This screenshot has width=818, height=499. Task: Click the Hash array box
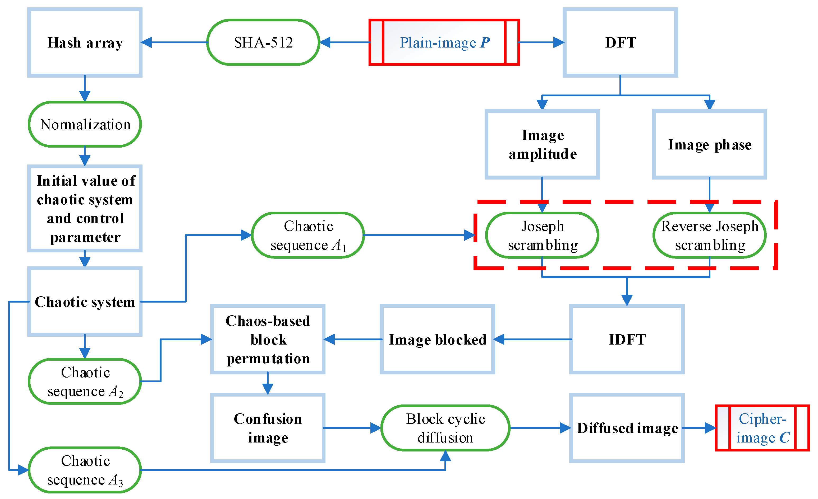pyautogui.click(x=85, y=43)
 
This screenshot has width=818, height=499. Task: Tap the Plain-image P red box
pyautogui.click(x=444, y=43)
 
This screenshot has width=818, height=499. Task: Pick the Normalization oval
pyautogui.click(x=85, y=124)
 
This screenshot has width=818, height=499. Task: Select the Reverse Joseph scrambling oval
pyautogui.click(x=709, y=235)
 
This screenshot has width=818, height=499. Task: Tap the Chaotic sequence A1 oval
pyautogui.click(x=308, y=235)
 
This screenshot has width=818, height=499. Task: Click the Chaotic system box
pyautogui.click(x=85, y=302)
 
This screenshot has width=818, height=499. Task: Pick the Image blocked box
pyautogui.click(x=437, y=339)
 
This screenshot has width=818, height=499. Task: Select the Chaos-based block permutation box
pyautogui.click(x=268, y=339)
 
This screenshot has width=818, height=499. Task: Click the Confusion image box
pyautogui.click(x=268, y=428)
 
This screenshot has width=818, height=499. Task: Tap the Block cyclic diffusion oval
pyautogui.click(x=445, y=428)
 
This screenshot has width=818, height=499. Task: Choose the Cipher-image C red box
pyautogui.click(x=762, y=428)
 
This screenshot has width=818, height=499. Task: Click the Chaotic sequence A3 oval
pyautogui.click(x=85, y=470)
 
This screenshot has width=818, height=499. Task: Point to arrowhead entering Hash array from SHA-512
pyautogui.click(x=147, y=43)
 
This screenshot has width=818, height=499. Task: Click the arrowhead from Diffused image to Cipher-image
pyautogui.click(x=710, y=428)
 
